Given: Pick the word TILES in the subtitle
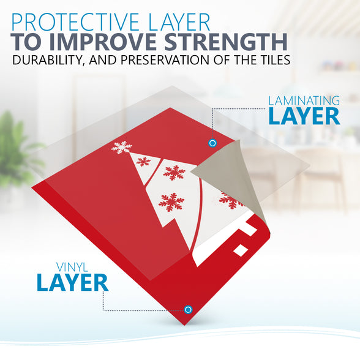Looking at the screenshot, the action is pos(272,60).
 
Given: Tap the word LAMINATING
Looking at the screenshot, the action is pos(304,101).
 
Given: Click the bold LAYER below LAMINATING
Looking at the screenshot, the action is pos(304,116).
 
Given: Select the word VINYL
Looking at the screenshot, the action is pos(72,267).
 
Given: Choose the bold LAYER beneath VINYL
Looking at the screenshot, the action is pos(72,283).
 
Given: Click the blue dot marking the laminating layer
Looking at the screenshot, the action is pos(212,143).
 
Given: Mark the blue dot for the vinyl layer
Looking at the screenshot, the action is pos(188,310).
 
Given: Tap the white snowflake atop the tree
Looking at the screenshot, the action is pos(121,147).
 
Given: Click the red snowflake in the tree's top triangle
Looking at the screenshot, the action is pos(143,162).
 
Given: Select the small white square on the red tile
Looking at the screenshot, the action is pos(241,250).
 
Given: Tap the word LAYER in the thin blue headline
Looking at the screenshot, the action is pos(179,22).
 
